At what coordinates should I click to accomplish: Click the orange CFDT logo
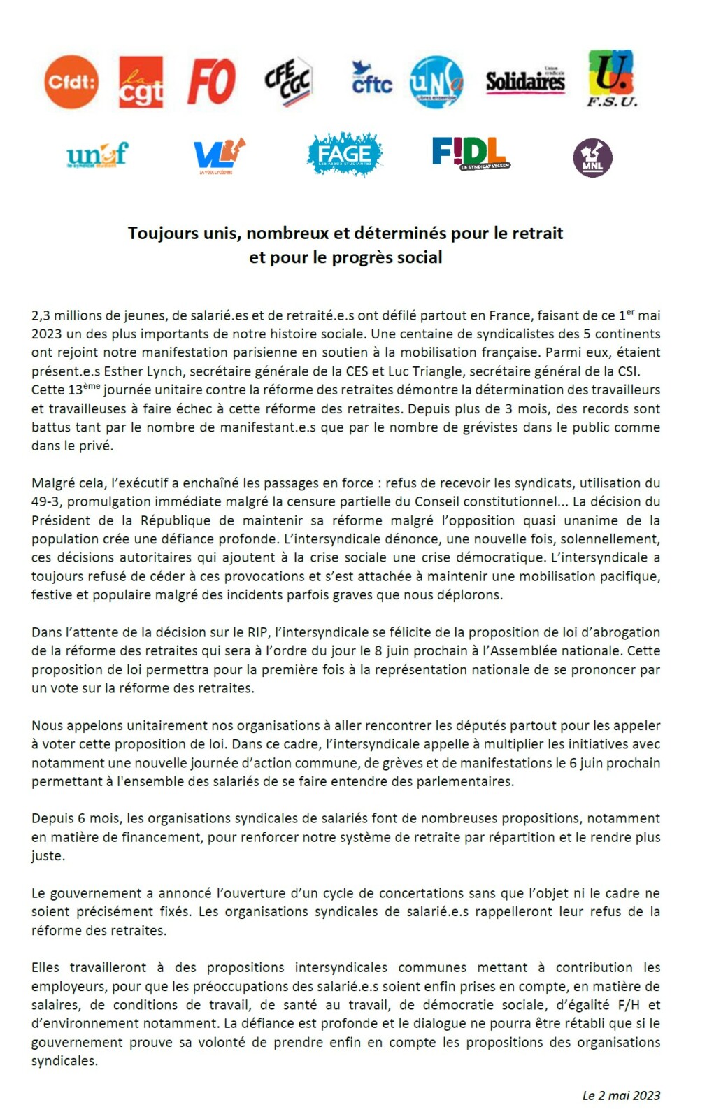(x=71, y=83)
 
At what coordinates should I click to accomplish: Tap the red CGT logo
(x=141, y=83)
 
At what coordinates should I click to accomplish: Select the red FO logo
(x=211, y=82)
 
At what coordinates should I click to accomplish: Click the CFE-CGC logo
(x=288, y=81)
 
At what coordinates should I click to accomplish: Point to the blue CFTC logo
(x=371, y=79)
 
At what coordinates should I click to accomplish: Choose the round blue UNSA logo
(x=436, y=82)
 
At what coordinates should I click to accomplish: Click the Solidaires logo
(x=525, y=81)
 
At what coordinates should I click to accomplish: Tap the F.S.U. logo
(x=611, y=78)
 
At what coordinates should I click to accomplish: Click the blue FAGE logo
(x=344, y=154)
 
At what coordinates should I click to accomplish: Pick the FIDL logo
(x=470, y=153)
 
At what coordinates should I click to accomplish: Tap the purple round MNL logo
(x=592, y=158)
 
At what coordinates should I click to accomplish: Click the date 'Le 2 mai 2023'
(x=621, y=1095)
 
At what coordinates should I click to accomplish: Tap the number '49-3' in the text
(x=46, y=501)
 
